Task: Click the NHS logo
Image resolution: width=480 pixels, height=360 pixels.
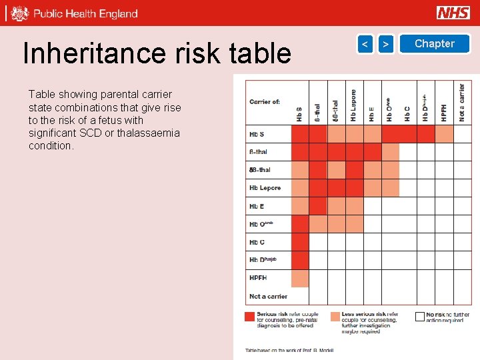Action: point(453,13)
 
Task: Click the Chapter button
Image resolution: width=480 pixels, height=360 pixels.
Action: point(434,44)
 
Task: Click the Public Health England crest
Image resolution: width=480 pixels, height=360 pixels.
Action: point(20,13)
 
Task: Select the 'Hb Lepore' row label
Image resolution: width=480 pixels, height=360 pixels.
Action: point(265,188)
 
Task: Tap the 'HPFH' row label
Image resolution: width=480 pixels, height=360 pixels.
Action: point(258,278)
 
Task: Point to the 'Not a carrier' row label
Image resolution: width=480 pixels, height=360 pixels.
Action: point(268,296)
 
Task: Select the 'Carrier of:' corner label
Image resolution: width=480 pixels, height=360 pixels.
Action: point(265,102)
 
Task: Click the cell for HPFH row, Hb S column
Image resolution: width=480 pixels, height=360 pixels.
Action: point(300,278)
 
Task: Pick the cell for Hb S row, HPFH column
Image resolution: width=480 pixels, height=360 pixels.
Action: point(444,134)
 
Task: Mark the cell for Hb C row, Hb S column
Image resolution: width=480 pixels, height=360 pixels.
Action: point(300,242)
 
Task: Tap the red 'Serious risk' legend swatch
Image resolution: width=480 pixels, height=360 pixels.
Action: point(250,317)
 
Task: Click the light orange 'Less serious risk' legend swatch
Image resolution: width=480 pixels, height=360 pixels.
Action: point(335,317)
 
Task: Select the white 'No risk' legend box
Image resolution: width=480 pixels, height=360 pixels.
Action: point(419,317)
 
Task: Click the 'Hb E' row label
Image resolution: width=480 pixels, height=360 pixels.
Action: point(257,206)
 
